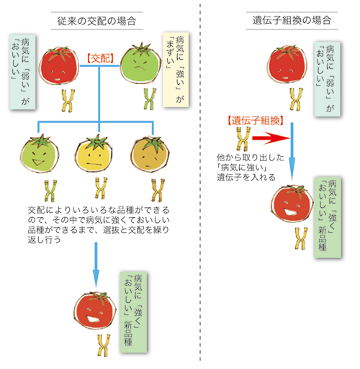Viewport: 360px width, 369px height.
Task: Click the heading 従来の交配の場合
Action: [x=96, y=21]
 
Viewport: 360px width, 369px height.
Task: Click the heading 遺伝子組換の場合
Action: [x=292, y=20]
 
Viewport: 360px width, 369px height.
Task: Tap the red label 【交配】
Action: [x=100, y=58]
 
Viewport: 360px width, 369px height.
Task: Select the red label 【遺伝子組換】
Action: [x=256, y=120]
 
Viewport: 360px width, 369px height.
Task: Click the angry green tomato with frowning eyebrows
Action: [x=141, y=63]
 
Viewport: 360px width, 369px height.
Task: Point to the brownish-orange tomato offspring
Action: [x=150, y=154]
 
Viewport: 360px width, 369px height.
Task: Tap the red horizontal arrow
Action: [x=271, y=138]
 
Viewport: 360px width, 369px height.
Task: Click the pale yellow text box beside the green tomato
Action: [x=176, y=70]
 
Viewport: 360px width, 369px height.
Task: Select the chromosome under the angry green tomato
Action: [x=149, y=99]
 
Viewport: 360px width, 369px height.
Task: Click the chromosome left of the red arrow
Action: [x=243, y=139]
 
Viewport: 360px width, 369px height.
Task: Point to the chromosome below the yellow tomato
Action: [x=101, y=188]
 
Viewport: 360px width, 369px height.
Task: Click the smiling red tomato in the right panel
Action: [x=292, y=204]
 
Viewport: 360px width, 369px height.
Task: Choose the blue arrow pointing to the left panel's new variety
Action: [x=96, y=265]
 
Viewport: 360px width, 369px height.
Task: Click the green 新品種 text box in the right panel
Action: [x=328, y=217]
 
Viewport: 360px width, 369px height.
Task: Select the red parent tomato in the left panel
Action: [x=59, y=65]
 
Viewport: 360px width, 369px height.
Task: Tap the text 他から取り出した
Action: [x=251, y=158]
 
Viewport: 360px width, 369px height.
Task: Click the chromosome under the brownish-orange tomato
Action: [x=158, y=190]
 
